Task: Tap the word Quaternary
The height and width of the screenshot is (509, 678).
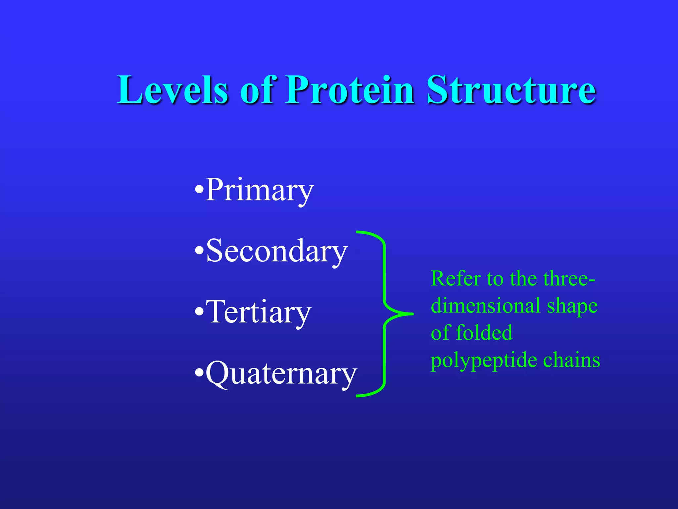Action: pyautogui.click(x=281, y=373)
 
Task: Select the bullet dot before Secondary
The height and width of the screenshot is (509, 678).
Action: pyautogui.click(x=199, y=251)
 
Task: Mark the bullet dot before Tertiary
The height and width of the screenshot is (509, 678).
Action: pyautogui.click(x=199, y=312)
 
